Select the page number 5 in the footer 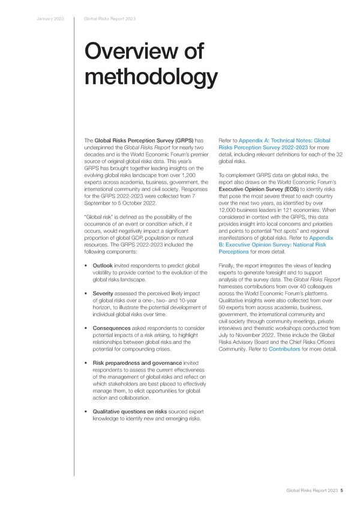tap(342, 490)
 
